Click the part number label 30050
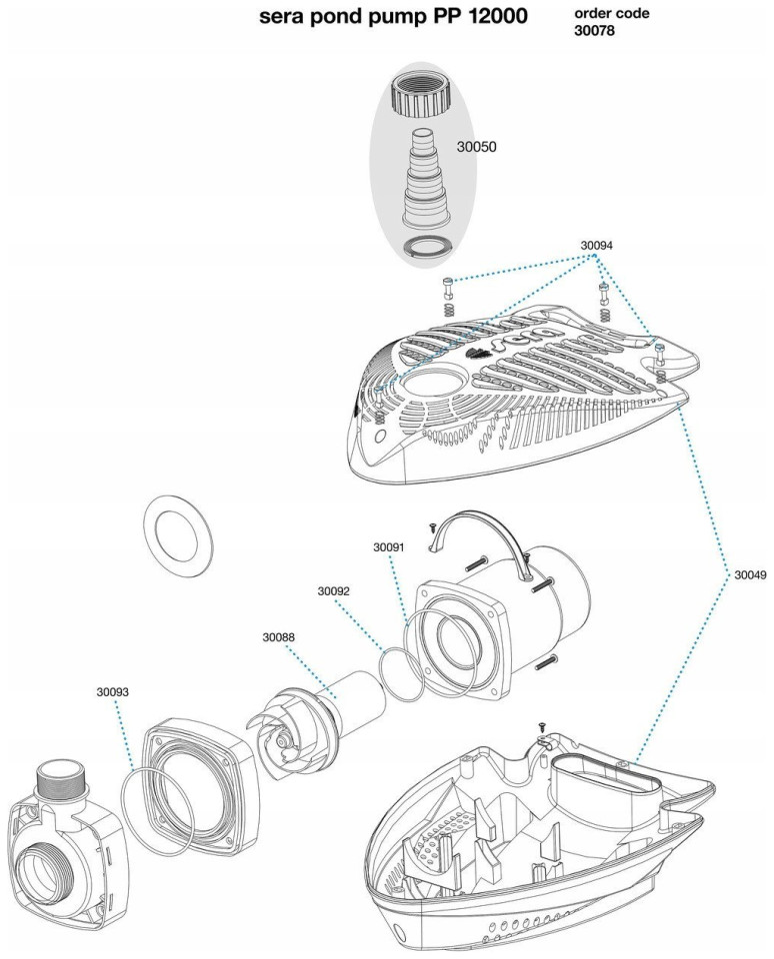click(x=477, y=147)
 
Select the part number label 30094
click(x=597, y=244)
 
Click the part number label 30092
click(x=333, y=591)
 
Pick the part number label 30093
click(x=113, y=690)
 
